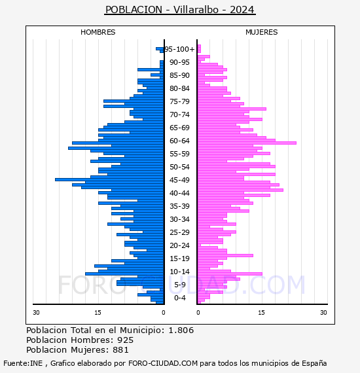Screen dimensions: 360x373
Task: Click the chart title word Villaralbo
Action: [196, 10]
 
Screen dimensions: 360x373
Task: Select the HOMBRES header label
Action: [98, 32]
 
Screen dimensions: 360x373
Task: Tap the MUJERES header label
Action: [262, 32]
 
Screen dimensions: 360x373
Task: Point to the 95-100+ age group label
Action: [179, 49]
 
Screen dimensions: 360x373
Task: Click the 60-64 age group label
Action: [179, 141]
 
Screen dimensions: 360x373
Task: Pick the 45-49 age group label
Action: [179, 180]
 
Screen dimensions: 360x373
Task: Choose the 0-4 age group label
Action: [180, 298]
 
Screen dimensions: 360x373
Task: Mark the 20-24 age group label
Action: [179, 245]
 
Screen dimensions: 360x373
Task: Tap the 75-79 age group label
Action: [179, 101]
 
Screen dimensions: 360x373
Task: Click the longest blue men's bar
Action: [109, 179]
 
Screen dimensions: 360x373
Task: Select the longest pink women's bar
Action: [247, 143]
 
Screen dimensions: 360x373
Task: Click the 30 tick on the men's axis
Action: [36, 313]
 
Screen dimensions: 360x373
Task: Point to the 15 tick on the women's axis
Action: [261, 313]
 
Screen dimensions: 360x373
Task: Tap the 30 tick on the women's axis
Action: [323, 313]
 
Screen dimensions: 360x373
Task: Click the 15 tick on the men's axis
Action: [98, 313]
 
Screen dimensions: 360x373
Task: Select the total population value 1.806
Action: [181, 330]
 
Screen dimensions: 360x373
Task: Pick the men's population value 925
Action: [126, 340]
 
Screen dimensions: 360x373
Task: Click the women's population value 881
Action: [120, 349]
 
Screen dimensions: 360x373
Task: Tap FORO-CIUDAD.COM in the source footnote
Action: [163, 363]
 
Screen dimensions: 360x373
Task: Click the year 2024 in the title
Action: [242, 10]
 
